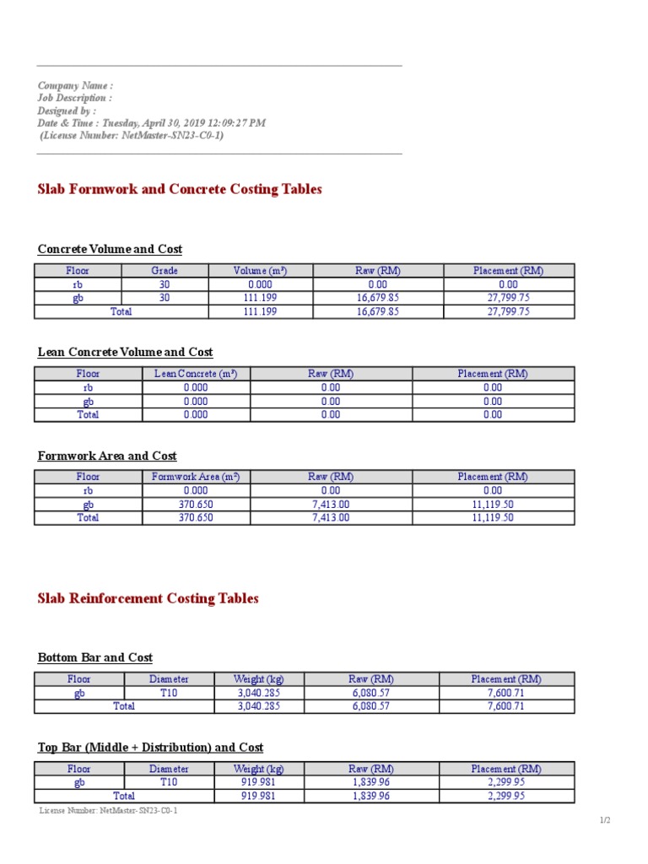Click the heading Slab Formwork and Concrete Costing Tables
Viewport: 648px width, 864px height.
pyautogui.click(x=180, y=189)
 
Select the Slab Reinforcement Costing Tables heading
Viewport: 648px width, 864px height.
pyautogui.click(x=148, y=598)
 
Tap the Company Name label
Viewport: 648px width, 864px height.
pyautogui.click(x=75, y=85)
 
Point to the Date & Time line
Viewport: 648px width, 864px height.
pyautogui.click(x=151, y=122)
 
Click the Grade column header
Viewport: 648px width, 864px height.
pyautogui.click(x=165, y=271)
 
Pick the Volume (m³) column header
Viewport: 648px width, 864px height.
pyautogui.click(x=260, y=271)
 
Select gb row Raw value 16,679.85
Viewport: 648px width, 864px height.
pyautogui.click(x=377, y=298)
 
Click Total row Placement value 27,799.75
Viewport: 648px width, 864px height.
pyautogui.click(x=508, y=311)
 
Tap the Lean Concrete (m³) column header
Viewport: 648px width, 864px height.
pyautogui.click(x=195, y=374)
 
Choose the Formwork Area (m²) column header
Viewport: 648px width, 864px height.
pyautogui.click(x=195, y=477)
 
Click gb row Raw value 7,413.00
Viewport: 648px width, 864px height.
pyautogui.click(x=331, y=505)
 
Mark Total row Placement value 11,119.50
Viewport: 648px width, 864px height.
pyautogui.click(x=493, y=518)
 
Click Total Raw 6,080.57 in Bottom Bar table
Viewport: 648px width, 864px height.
pyautogui.click(x=370, y=706)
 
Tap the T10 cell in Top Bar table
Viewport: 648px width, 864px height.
pyautogui.click(x=169, y=782)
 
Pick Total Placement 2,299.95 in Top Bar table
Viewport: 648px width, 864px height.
pyautogui.click(x=506, y=796)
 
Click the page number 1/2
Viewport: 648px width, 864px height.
pyautogui.click(x=604, y=820)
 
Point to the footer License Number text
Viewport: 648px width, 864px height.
pyautogui.click(x=109, y=811)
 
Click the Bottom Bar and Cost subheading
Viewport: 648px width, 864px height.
pyautogui.click(x=95, y=657)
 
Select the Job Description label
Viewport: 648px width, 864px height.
pyautogui.click(x=74, y=98)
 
